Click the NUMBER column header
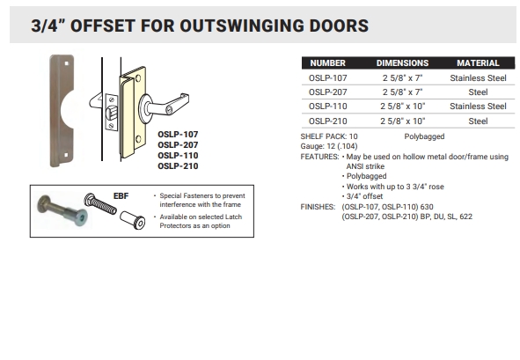pos(327,63)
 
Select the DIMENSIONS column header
pos(402,63)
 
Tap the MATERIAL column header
pos(478,63)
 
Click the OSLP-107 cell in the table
pos(327,77)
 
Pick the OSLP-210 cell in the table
pos(327,121)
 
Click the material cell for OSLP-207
pos(478,92)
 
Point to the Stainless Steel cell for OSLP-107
pos(478,77)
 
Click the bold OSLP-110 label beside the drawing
pos(178,155)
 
